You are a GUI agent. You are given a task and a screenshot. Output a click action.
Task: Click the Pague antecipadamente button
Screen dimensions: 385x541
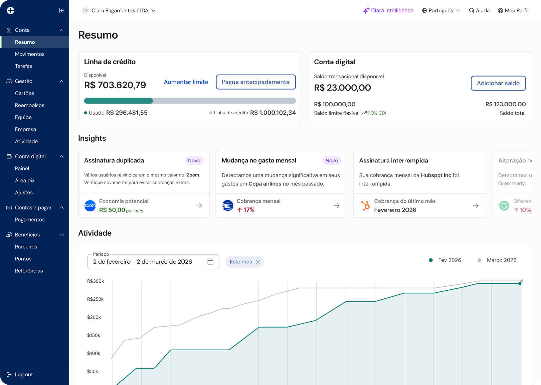(x=256, y=82)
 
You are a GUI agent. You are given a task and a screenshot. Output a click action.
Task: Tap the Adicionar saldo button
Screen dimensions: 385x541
(x=498, y=83)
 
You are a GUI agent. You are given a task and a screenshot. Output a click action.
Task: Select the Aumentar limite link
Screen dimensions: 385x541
(x=186, y=82)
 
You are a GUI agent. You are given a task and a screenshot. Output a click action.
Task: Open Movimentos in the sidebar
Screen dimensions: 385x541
(x=30, y=54)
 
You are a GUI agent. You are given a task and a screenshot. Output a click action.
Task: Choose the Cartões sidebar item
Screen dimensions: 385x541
(x=24, y=93)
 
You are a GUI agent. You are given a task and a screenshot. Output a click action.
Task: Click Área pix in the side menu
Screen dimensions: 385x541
(x=25, y=180)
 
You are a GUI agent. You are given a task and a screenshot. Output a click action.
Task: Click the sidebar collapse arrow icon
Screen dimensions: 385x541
(x=61, y=10)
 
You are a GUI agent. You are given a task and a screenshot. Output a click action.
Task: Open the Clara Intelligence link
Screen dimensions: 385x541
(x=388, y=10)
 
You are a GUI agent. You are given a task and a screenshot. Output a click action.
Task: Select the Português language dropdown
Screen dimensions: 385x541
(x=440, y=10)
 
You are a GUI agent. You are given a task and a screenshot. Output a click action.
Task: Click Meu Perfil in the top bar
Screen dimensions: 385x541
(x=513, y=10)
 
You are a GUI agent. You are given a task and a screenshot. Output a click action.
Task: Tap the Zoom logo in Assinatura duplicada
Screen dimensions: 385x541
(x=90, y=206)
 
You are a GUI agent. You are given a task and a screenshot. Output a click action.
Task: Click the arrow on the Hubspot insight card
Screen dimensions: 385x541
(x=476, y=206)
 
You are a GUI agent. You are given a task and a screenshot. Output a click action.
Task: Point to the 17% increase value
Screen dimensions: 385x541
(x=246, y=210)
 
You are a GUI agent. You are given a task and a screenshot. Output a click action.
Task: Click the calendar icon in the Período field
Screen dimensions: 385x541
(x=210, y=262)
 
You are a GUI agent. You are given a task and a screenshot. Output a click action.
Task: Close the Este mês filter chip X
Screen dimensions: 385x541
(x=258, y=262)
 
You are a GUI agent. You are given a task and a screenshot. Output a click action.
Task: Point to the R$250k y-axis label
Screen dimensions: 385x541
(x=95, y=299)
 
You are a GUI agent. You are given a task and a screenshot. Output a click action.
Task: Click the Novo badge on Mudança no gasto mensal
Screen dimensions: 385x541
(x=331, y=160)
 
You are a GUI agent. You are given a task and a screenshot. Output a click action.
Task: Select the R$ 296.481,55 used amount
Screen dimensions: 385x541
(x=127, y=113)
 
